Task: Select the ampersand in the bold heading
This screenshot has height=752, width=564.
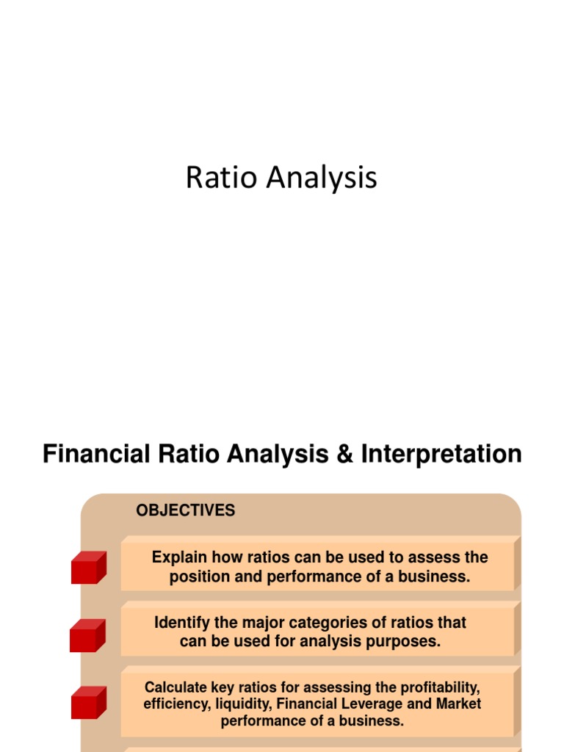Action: click(344, 454)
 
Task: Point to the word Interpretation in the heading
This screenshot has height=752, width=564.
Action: click(441, 454)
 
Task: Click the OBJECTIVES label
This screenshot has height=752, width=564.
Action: click(186, 511)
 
